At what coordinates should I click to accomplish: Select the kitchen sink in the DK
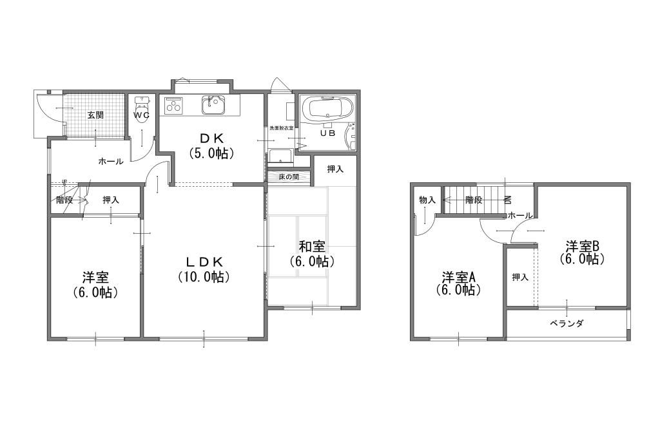point(213,105)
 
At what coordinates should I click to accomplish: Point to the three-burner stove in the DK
point(173,105)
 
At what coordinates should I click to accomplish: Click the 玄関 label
point(95,115)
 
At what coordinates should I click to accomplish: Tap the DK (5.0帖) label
point(211,145)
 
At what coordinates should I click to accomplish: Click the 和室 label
point(311,246)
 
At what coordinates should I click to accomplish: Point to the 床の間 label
point(289,176)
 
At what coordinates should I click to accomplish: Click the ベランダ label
point(567,323)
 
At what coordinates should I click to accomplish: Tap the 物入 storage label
point(427,200)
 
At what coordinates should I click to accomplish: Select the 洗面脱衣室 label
point(282,128)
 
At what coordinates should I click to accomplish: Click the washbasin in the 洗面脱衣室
point(281,156)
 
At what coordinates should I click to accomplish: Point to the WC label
point(142,115)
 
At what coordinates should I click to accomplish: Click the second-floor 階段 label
point(474,200)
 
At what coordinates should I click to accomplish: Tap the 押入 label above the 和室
point(335,169)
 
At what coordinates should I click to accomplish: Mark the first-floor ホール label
point(111,161)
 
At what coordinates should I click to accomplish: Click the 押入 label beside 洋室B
point(520,277)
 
